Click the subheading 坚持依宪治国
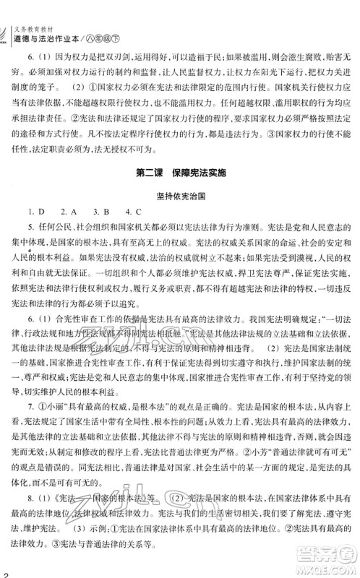coord(179,196)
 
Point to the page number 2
coord(4,572)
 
